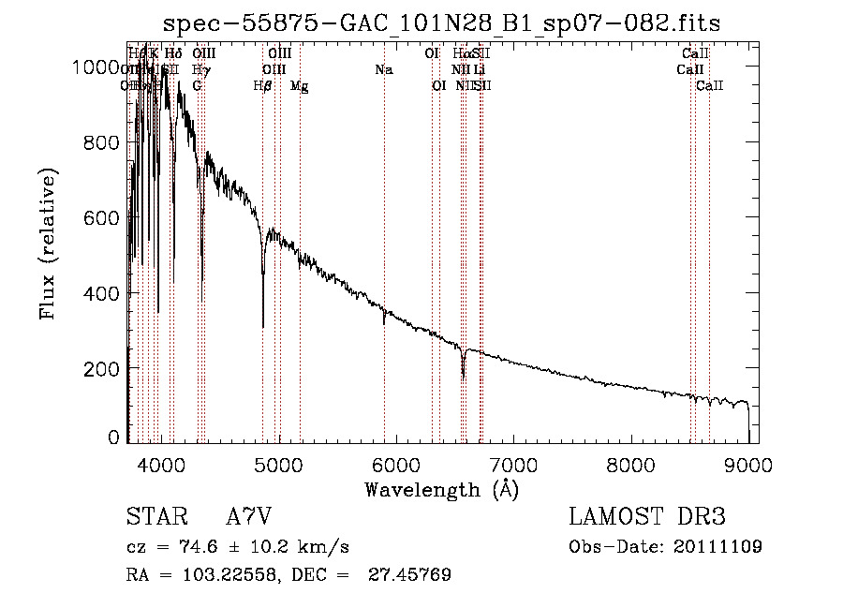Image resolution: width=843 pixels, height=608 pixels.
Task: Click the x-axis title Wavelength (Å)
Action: tap(442, 489)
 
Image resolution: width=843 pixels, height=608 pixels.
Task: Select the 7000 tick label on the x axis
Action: tap(513, 464)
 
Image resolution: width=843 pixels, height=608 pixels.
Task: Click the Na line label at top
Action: tap(383, 69)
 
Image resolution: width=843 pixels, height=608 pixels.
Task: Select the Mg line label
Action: tap(300, 86)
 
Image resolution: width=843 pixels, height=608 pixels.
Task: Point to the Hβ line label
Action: tap(263, 86)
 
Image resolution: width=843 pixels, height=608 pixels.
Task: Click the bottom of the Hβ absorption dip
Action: tap(263, 326)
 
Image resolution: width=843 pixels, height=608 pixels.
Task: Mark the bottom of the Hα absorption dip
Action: tap(463, 378)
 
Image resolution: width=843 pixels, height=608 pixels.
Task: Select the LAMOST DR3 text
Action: tap(646, 517)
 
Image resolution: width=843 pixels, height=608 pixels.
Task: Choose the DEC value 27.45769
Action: tap(413, 575)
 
